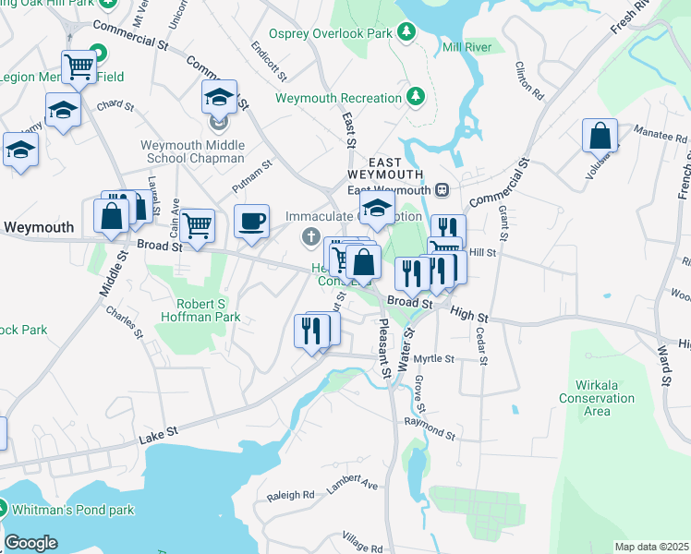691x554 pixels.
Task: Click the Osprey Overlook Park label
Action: coord(331,33)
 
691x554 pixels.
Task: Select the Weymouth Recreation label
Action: coord(337,97)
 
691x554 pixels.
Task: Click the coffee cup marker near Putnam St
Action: coord(251,222)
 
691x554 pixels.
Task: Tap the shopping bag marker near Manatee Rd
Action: coord(600,136)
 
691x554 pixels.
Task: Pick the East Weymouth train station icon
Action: coord(442,190)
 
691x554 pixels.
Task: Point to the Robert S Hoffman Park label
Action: coord(209,310)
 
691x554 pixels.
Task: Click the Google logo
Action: coord(30,543)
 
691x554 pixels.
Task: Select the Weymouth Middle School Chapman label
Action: coord(193,151)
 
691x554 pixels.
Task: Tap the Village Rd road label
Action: coord(361,539)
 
